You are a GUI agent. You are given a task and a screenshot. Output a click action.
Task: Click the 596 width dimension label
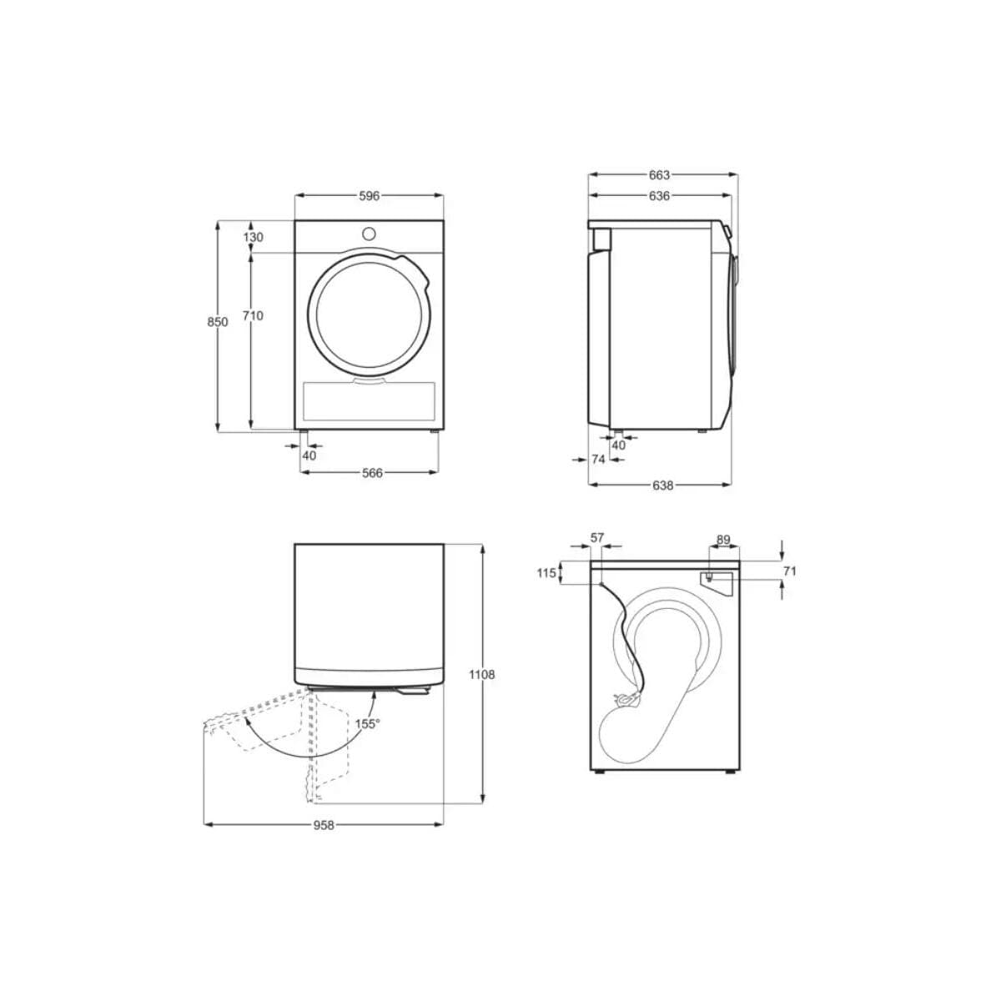pyautogui.click(x=369, y=196)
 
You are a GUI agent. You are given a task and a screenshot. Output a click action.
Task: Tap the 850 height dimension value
pyautogui.click(x=218, y=322)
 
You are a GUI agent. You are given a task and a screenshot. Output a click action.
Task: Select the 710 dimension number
pyautogui.click(x=253, y=315)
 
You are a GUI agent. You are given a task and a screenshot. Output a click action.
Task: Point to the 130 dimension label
pyautogui.click(x=253, y=237)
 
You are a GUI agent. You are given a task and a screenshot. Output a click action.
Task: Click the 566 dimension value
pyautogui.click(x=372, y=473)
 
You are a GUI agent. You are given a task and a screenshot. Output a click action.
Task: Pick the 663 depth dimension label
pyautogui.click(x=659, y=175)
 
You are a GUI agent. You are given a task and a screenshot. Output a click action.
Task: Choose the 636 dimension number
pyautogui.click(x=659, y=196)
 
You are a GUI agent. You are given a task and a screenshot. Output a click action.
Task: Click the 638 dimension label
pyautogui.click(x=662, y=485)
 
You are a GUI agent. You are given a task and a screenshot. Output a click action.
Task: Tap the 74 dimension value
pyautogui.click(x=598, y=459)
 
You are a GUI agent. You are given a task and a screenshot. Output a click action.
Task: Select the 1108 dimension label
pyautogui.click(x=482, y=675)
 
